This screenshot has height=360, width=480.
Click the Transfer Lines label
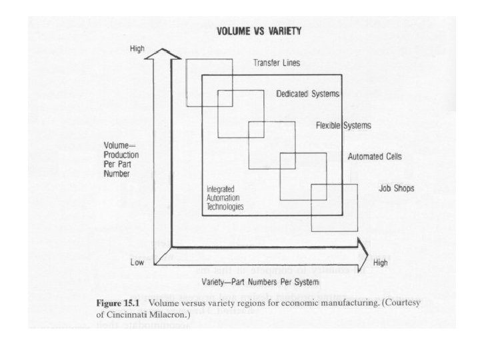276,63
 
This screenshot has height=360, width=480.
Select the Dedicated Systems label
309,93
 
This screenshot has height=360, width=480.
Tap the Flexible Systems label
343,125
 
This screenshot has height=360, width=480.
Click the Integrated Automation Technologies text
225,198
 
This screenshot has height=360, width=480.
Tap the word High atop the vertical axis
137,49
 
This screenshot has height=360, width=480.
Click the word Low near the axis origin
137,262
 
